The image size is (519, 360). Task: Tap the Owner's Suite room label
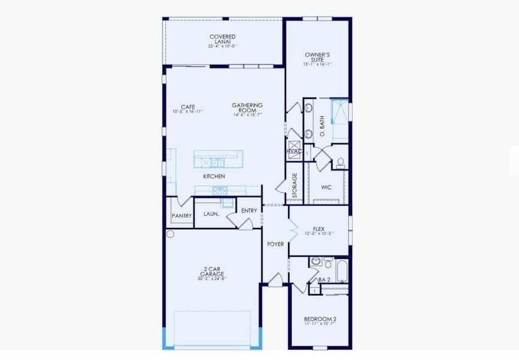317,58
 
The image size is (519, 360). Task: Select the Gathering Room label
248,108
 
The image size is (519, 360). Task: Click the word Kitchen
214,176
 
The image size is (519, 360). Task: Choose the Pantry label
181,216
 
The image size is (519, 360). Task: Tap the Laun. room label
211,214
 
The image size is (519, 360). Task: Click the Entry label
249,211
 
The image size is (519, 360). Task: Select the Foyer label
275,244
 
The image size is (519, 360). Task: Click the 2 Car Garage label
212,272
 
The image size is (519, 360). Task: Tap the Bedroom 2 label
320,319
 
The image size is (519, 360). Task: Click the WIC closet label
326,187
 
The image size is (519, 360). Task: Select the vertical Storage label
295,186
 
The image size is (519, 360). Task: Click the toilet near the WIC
340,162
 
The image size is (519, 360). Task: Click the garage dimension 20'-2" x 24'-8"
212,278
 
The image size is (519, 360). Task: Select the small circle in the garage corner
170,233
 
